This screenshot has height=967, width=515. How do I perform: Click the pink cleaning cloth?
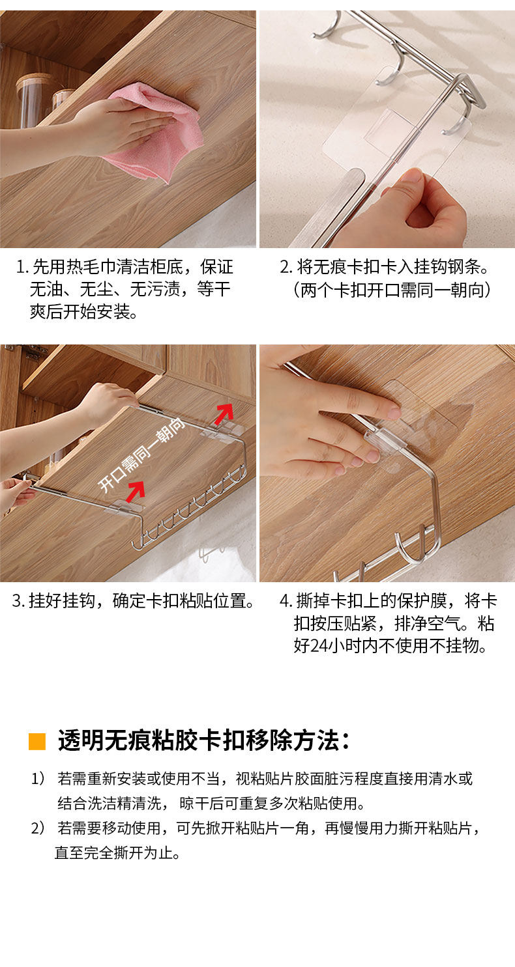click(x=164, y=130)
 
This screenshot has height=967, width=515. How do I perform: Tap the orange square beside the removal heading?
click(x=37, y=741)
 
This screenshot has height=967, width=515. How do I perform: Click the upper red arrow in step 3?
click(x=224, y=414)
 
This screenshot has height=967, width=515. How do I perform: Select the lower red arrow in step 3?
click(x=136, y=492)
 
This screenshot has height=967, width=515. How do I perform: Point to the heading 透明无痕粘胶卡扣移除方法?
click(x=203, y=741)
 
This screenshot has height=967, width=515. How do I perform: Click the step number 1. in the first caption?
click(x=22, y=267)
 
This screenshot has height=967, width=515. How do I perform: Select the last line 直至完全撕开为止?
click(x=117, y=852)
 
